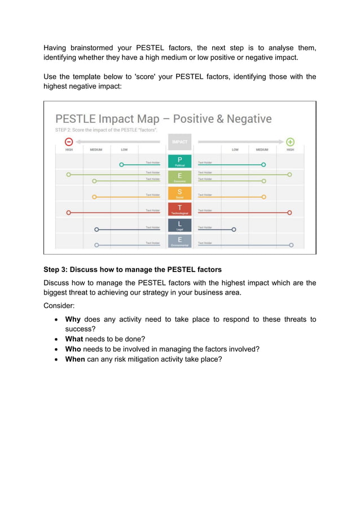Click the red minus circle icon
point(68,142)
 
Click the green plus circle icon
point(290,142)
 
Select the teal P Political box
point(179,161)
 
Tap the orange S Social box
point(179,194)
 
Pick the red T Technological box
point(179,209)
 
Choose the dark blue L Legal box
point(179,226)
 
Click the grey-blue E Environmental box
point(179,242)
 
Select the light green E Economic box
point(179,177)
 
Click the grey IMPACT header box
point(179,142)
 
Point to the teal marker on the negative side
point(121,165)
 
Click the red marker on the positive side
point(289,213)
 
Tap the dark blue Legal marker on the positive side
point(234,230)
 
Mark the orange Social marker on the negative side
point(94,197)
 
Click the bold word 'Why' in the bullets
point(73,319)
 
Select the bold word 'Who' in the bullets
point(73,349)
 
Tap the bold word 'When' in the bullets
point(75,358)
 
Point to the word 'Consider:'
point(59,306)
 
